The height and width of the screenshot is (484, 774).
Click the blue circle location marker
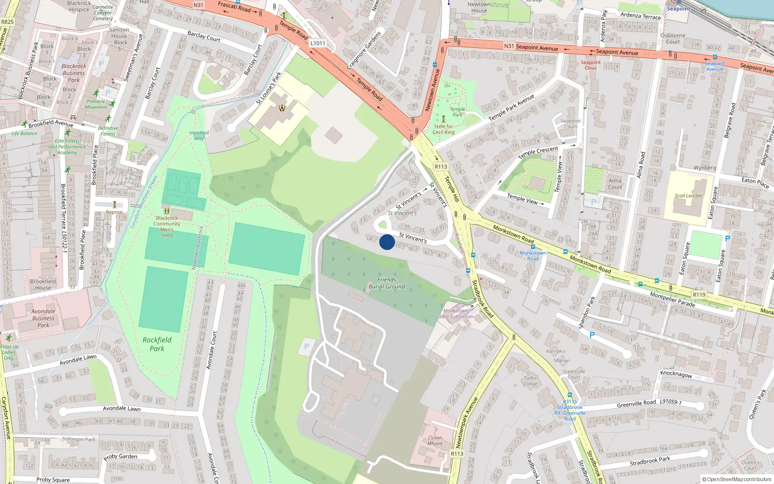tap(387, 242)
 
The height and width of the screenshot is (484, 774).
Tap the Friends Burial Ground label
tap(387, 283)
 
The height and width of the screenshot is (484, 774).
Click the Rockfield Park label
tap(157, 344)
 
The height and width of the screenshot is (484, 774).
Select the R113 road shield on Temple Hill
tap(441, 166)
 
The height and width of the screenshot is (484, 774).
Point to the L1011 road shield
tap(318, 43)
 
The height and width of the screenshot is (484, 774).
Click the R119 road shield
tap(699, 295)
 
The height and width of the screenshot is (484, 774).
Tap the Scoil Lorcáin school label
tap(688, 196)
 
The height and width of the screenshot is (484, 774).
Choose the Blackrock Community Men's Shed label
tap(167, 227)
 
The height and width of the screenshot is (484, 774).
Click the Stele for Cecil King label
tap(443, 129)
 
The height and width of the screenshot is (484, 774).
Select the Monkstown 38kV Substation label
tap(456, 314)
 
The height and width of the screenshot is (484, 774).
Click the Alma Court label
tap(615, 184)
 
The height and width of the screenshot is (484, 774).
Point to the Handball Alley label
tap(199, 136)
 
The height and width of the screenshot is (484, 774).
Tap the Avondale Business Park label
tap(43, 318)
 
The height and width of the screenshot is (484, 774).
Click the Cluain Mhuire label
tap(435, 440)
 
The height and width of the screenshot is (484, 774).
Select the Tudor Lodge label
tap(530, 381)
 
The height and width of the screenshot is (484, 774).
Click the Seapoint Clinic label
tap(591, 65)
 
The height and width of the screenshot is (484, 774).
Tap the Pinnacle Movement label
tap(96, 104)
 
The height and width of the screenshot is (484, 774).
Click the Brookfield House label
tap(43, 285)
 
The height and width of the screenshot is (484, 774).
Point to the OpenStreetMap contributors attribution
tap(736, 479)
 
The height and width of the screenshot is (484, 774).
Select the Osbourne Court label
tap(672, 38)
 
